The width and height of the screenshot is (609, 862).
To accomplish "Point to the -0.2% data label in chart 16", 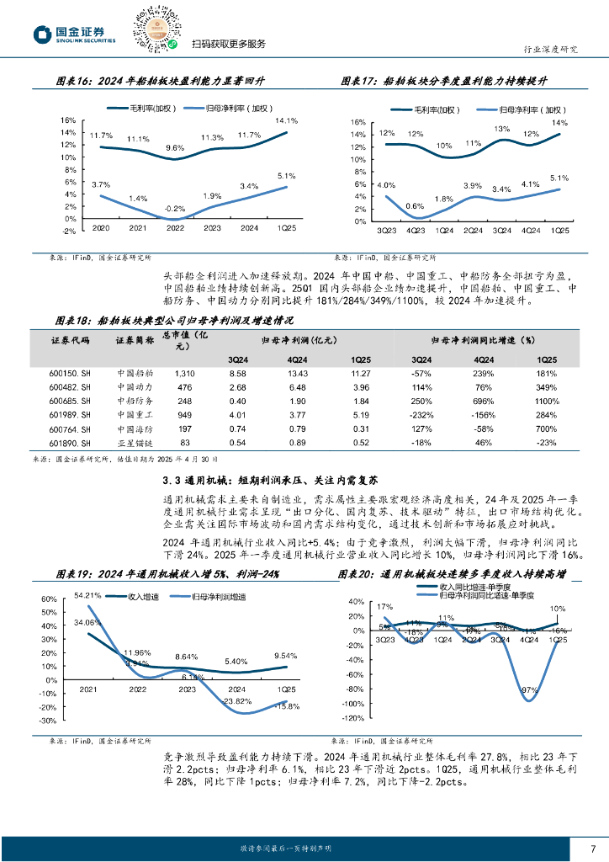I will (x=174, y=208).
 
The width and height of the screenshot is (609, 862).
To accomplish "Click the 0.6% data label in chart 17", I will (x=414, y=206).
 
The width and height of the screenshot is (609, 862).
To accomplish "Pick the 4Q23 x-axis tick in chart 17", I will (x=414, y=231).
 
